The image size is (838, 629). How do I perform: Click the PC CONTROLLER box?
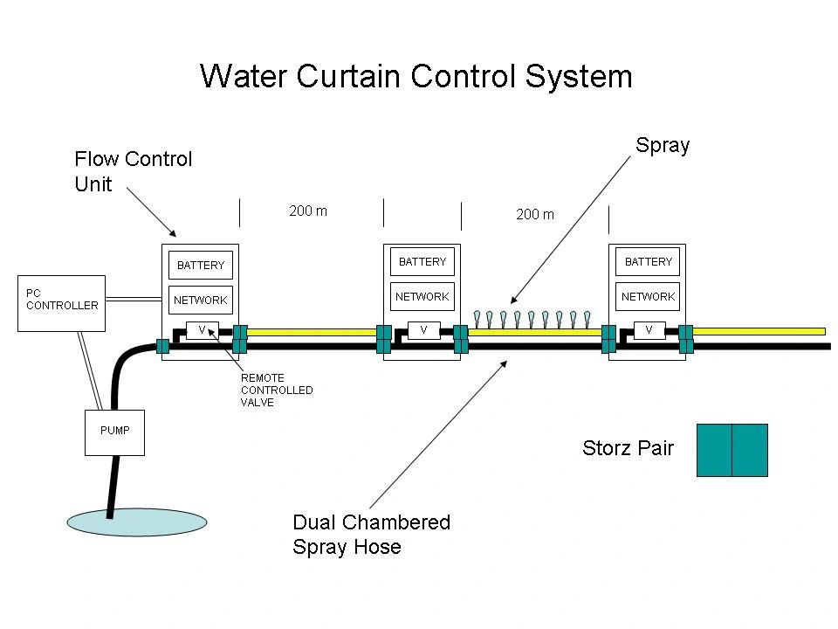tap(61, 303)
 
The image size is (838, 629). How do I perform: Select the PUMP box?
tap(114, 432)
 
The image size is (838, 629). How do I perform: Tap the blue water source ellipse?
tap(137, 522)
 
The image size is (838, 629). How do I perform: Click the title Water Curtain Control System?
tap(416, 76)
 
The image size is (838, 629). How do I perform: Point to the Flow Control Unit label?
tap(133, 171)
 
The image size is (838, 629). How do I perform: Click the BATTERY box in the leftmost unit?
tap(201, 265)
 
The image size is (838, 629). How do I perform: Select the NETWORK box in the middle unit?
tap(422, 296)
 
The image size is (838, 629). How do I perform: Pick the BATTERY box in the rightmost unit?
tap(648, 262)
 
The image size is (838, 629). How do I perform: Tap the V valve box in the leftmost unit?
tap(202, 330)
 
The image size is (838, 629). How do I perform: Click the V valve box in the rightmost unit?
tap(649, 330)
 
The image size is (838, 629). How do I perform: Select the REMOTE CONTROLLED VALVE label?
tap(276, 390)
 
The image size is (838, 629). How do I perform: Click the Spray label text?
tap(663, 146)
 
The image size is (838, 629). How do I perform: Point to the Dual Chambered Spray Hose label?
tap(371, 535)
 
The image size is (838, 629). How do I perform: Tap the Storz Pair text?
tap(628, 449)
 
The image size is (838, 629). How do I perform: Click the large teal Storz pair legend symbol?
tap(732, 450)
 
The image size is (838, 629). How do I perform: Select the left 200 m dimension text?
tap(308, 211)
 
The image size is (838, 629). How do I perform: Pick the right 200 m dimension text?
tap(534, 214)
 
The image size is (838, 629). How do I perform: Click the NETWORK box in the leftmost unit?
tap(201, 300)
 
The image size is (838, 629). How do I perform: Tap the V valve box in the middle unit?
tap(423, 330)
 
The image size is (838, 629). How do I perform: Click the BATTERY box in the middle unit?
tap(422, 261)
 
